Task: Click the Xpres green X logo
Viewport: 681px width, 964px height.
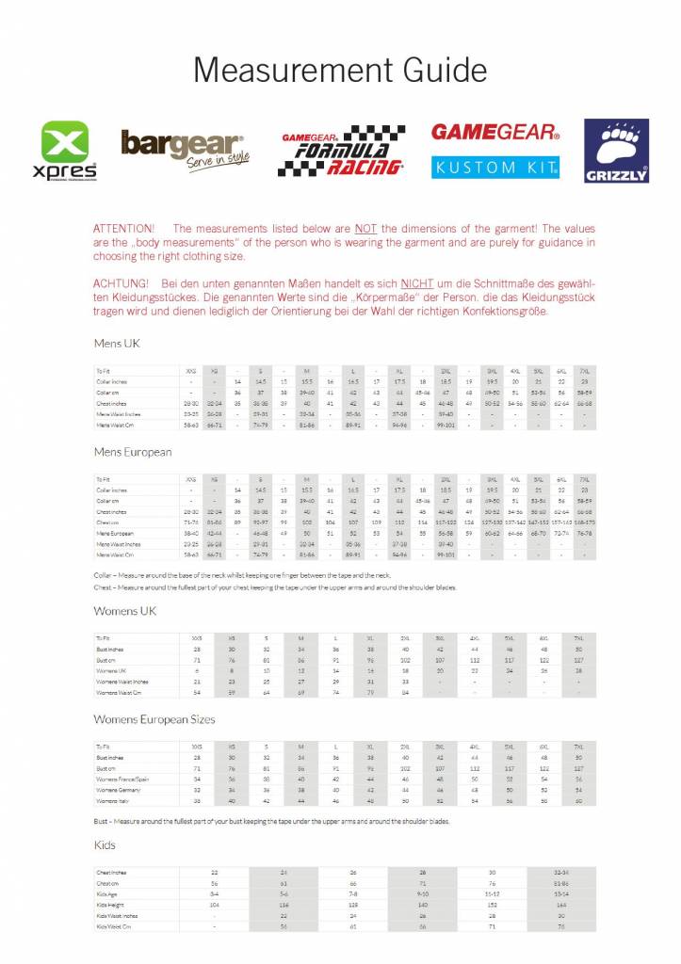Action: (x=67, y=142)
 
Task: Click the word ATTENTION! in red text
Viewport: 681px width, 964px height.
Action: (x=123, y=229)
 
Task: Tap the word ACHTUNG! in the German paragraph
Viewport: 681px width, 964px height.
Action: (x=121, y=283)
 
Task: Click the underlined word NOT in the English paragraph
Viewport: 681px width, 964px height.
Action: (x=366, y=229)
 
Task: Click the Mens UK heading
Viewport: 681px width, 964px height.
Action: (x=117, y=344)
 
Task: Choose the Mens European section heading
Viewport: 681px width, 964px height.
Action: (x=133, y=452)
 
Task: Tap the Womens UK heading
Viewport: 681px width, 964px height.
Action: (x=125, y=611)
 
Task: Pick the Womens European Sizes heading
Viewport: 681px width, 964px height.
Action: (x=154, y=719)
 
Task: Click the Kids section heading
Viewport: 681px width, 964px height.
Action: (x=105, y=845)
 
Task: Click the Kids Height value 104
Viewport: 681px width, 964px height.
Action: (x=215, y=905)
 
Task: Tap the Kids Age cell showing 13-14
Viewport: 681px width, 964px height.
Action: (x=561, y=893)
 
